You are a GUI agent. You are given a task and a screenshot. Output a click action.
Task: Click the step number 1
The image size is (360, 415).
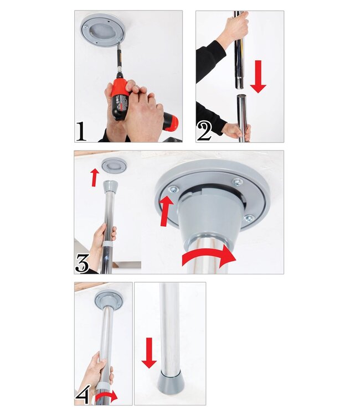tap(81, 132)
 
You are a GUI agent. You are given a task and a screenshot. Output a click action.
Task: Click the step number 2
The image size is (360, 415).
tap(204, 132)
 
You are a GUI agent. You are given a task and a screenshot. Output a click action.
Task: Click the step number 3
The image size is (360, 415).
tap(83, 263)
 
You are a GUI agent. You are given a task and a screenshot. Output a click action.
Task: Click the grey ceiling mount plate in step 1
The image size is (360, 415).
tap(102, 30)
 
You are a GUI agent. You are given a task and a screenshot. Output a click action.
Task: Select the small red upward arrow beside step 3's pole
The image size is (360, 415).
tap(95, 177)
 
